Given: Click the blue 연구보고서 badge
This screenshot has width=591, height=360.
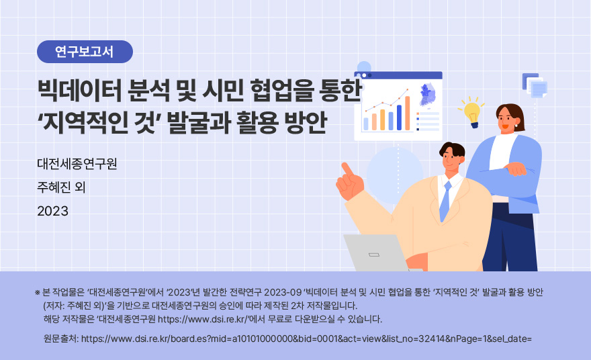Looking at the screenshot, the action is point(85,52).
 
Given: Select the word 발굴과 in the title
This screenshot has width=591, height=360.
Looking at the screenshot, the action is point(198,122).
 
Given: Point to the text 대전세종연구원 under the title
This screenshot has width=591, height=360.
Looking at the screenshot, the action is point(77,164).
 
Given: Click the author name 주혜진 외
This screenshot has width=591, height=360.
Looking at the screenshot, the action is point(61,187).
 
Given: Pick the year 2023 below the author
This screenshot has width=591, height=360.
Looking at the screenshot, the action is point(53,211).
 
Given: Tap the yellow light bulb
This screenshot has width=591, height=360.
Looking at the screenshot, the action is point(472,113).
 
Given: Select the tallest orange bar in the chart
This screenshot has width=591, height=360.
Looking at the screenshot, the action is point(408,113).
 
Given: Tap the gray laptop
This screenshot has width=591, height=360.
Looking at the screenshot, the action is point(375,253).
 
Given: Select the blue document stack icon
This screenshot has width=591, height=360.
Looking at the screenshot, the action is point(535,85).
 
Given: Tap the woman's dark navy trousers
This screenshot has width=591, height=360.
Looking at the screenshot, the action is point(510,238).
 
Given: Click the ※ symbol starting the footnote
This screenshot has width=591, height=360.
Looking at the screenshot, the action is point(38,293).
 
